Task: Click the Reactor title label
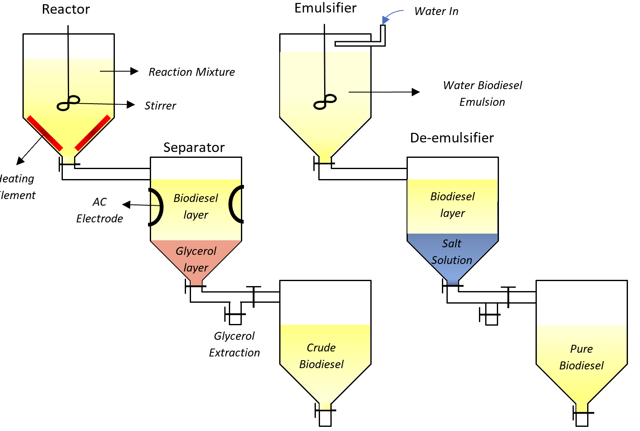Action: [x=66, y=9]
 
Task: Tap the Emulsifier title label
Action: [x=325, y=8]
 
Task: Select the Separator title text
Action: [x=194, y=147]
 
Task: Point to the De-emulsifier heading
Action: [x=452, y=138]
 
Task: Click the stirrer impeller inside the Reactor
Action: [x=69, y=103]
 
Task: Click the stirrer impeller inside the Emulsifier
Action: [x=325, y=102]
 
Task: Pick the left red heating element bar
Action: [x=45, y=133]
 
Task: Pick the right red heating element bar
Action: [x=93, y=133]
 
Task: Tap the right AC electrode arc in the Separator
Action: [x=236, y=204]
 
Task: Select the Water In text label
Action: [x=436, y=11]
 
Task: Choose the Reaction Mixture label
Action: [x=191, y=72]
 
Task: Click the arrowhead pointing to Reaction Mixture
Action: [x=134, y=71]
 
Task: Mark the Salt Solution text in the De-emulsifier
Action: [x=452, y=252]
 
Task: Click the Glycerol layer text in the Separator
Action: [x=196, y=259]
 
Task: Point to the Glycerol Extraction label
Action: [x=234, y=344]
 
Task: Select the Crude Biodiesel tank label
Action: [x=321, y=356]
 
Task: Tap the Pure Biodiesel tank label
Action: [x=581, y=357]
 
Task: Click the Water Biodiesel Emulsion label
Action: [x=482, y=94]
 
